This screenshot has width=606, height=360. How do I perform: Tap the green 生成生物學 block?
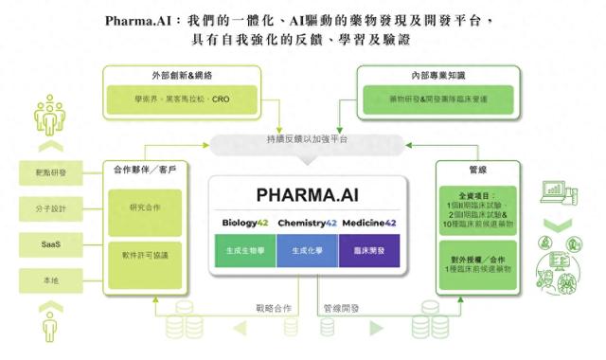pyautogui.click(x=244, y=250)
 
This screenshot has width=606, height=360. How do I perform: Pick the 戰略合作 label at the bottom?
pyautogui.click(x=275, y=308)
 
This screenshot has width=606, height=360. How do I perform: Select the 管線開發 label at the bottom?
pyautogui.click(x=339, y=308)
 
